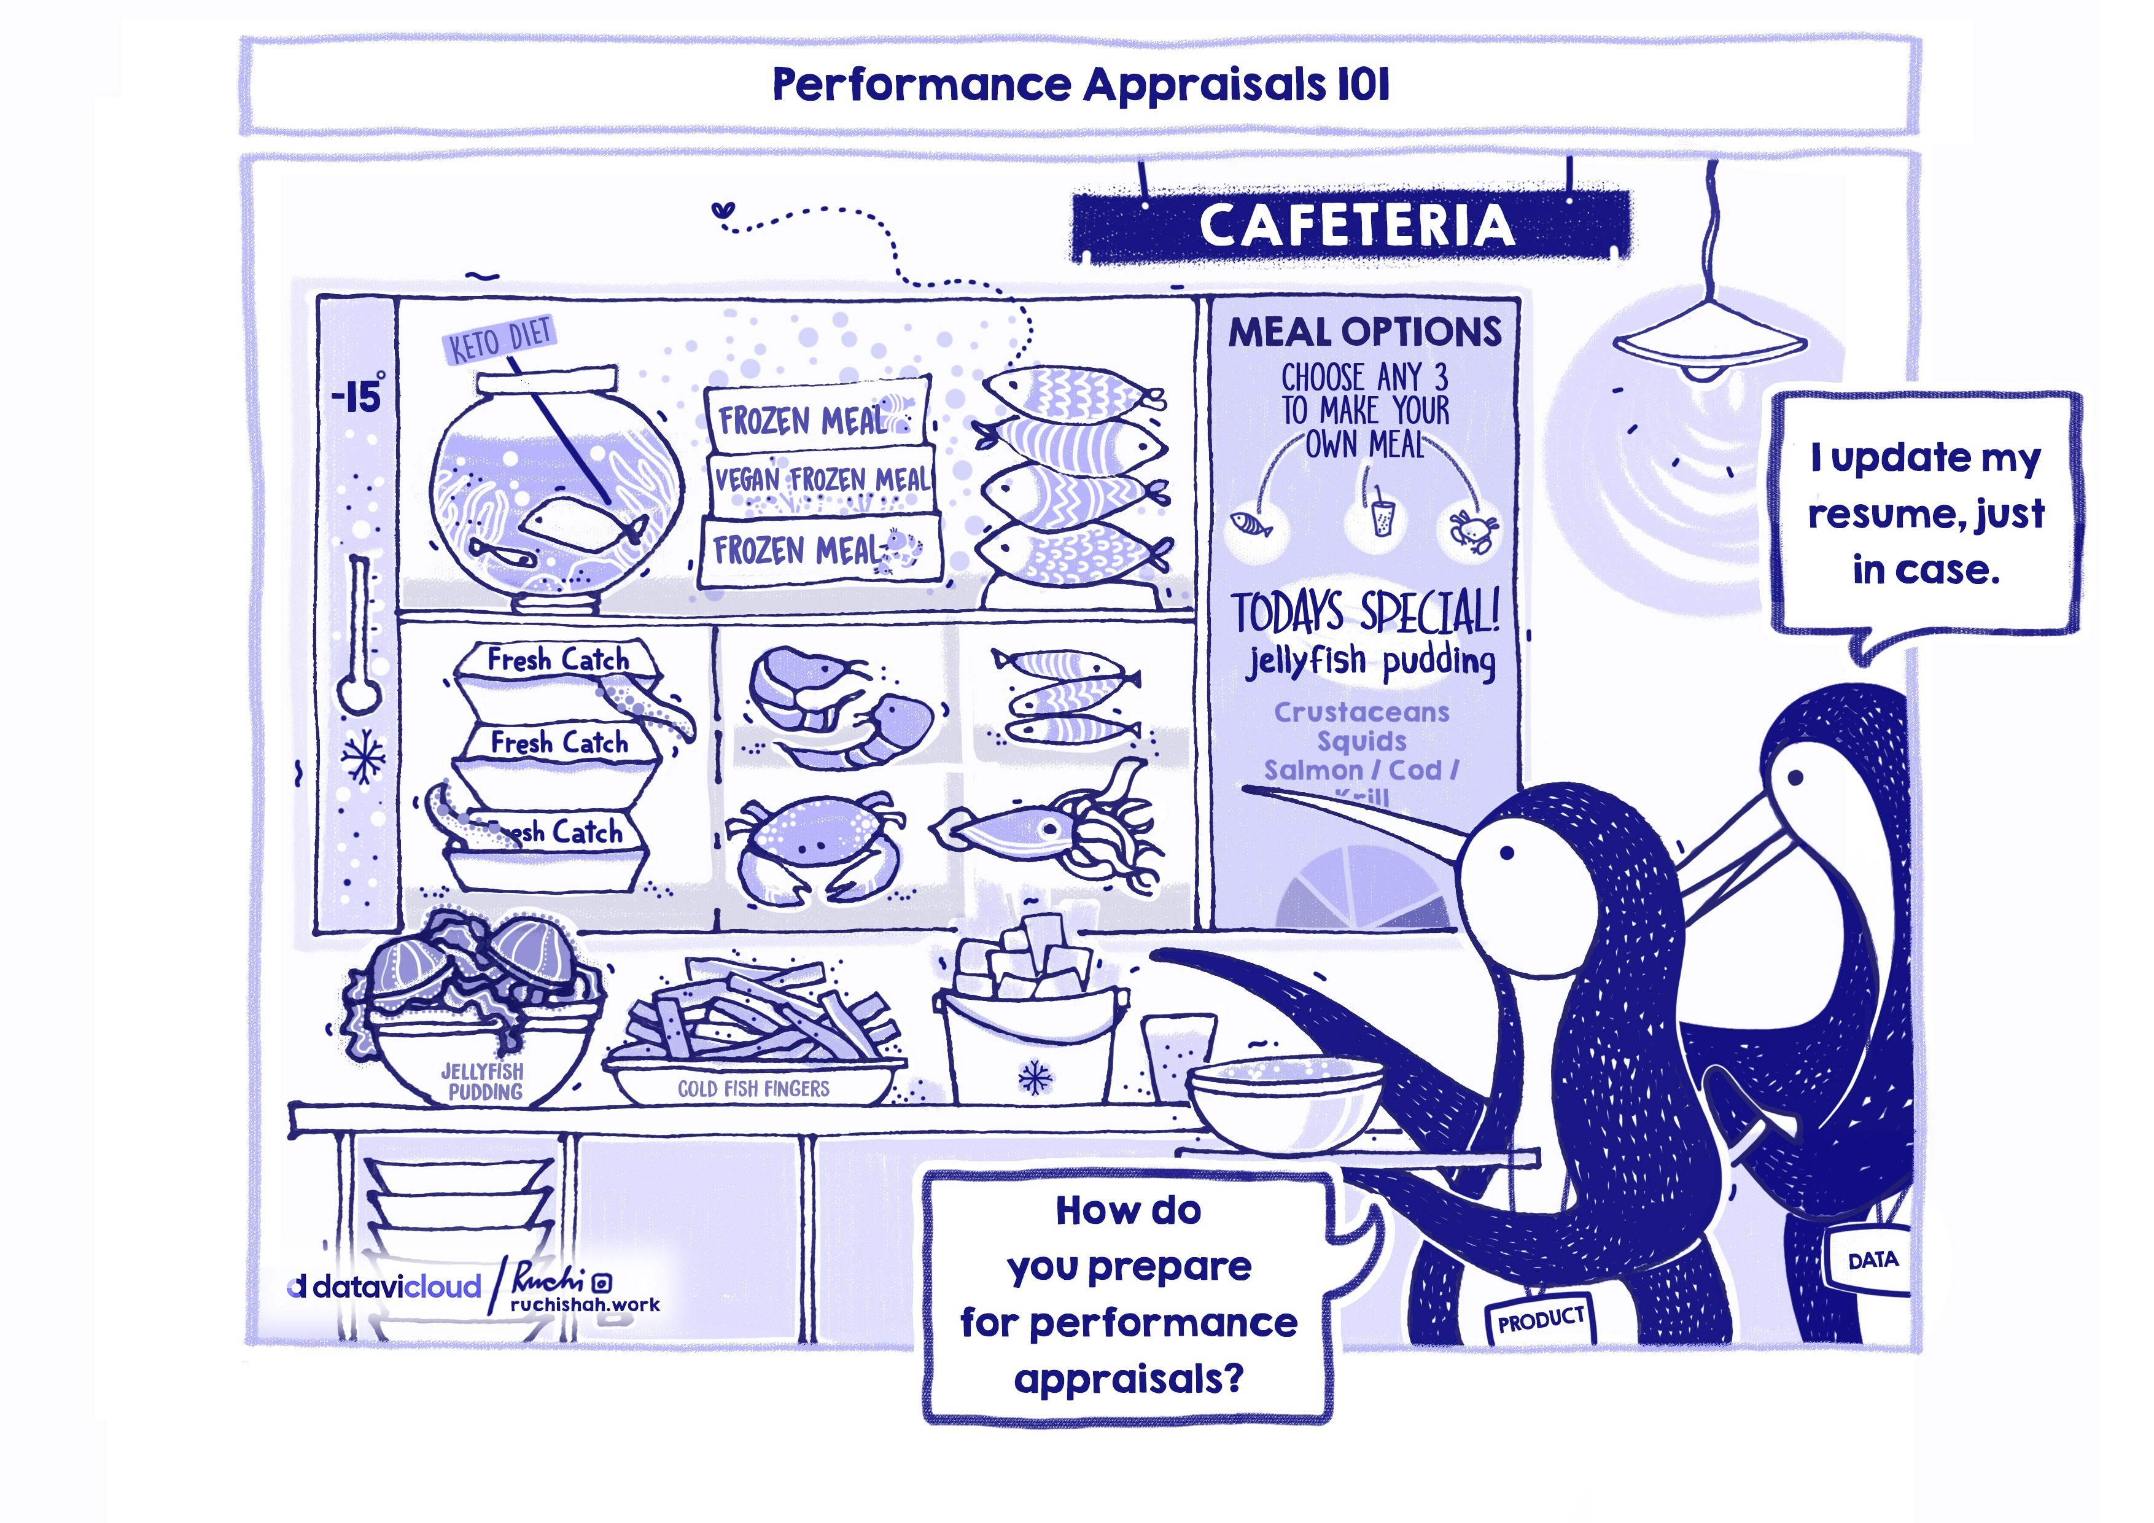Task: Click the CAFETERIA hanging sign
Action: pyautogui.click(x=1351, y=225)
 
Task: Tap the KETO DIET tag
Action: pyautogui.click(x=500, y=340)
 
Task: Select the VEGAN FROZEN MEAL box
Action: pyautogui.click(x=822, y=480)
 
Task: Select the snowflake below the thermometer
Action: pyautogui.click(x=362, y=755)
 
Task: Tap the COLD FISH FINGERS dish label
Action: pyautogui.click(x=753, y=1089)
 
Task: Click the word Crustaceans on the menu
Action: pyautogui.click(x=1361, y=712)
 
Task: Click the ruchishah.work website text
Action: pyautogui.click(x=585, y=1304)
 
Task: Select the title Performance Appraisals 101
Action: pyautogui.click(x=1080, y=85)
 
